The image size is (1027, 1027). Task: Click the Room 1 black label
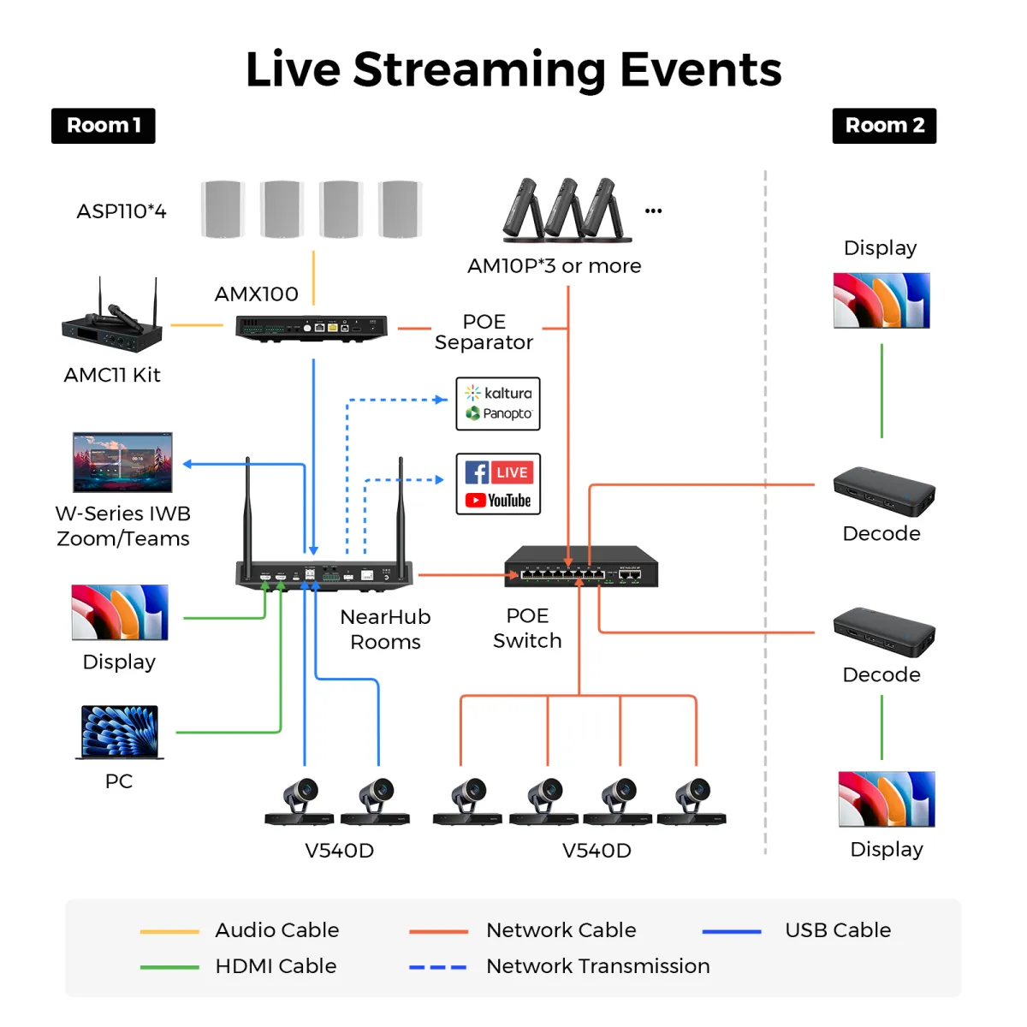point(103,126)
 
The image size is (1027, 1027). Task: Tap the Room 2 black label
point(883,126)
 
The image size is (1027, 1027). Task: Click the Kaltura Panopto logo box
point(498,403)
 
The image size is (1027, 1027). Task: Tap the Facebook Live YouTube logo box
point(498,484)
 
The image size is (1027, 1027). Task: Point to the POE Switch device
point(581,566)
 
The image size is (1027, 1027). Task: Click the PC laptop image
point(119,733)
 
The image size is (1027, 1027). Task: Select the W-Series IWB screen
point(122,462)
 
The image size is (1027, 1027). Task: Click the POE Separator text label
point(484,331)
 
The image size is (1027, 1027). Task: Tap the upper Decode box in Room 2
point(883,492)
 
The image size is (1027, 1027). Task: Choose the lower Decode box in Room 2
point(883,632)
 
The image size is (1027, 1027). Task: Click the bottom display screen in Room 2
point(887,798)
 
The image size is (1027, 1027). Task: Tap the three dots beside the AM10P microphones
point(653,211)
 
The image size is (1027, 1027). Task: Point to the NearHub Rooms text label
point(385,629)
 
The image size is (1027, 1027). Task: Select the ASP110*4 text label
point(122,211)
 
